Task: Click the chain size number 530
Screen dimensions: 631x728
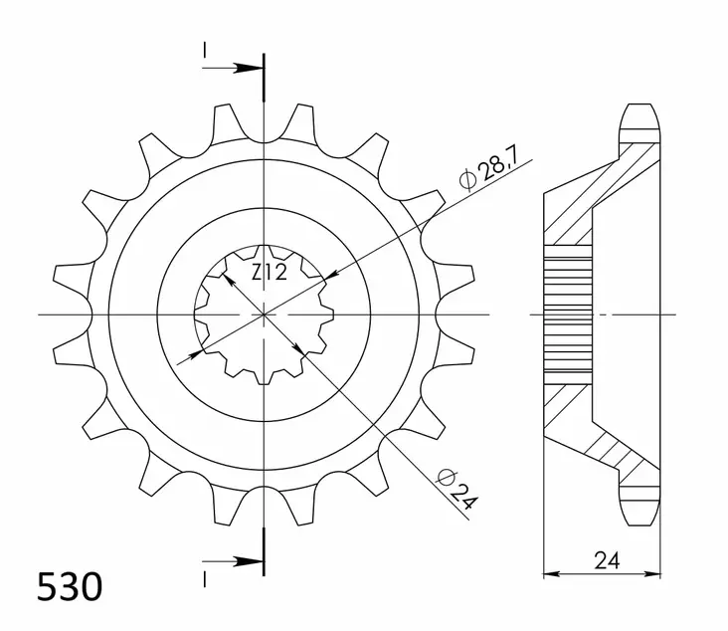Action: pos(70,587)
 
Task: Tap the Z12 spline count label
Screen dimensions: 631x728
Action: pos(268,274)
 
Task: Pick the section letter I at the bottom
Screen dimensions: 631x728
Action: pos(203,578)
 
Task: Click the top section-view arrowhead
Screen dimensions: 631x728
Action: pos(254,69)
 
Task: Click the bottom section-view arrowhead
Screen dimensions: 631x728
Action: pos(254,562)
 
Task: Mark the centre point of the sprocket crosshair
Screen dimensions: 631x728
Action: pos(264,315)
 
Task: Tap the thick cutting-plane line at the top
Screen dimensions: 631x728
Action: pos(264,78)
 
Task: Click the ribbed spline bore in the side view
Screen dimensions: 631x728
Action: pos(569,315)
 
